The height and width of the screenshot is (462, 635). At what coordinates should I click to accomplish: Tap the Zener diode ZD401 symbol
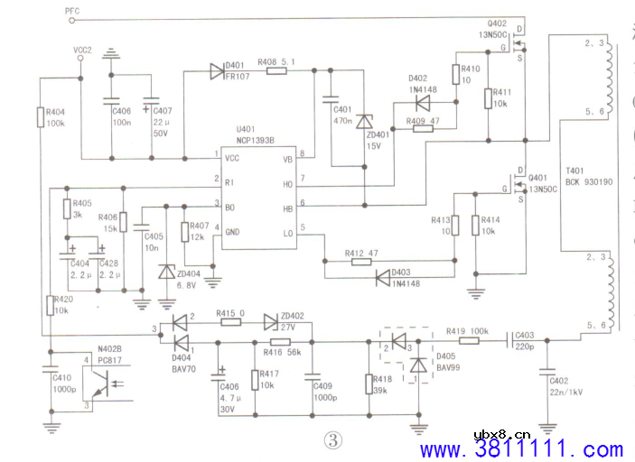point(363,121)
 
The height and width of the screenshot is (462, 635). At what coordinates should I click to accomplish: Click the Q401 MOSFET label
point(539,178)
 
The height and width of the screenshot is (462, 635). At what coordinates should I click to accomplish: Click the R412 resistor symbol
point(360,262)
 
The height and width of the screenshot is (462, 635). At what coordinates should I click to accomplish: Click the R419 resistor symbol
point(469,341)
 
